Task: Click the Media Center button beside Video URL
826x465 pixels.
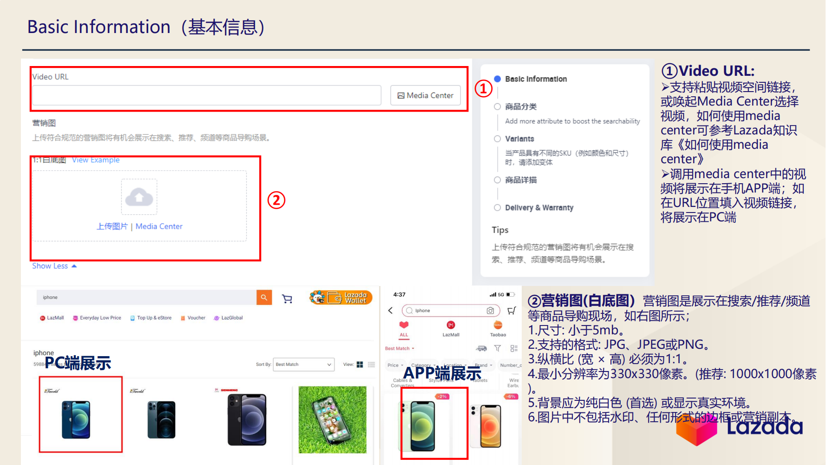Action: click(x=425, y=95)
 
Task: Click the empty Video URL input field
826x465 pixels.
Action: click(x=207, y=95)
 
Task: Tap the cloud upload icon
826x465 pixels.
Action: click(x=139, y=197)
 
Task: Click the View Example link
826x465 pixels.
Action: click(x=96, y=160)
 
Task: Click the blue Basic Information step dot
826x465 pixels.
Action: click(x=498, y=79)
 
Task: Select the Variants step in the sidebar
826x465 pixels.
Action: click(x=519, y=139)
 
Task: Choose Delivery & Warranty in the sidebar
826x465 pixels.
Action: click(x=539, y=207)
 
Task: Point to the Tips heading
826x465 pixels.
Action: click(x=500, y=230)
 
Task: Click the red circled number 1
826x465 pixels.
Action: click(x=483, y=88)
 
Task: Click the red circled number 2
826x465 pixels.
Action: click(x=276, y=200)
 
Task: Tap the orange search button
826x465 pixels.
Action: click(x=264, y=298)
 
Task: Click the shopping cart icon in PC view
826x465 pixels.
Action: click(x=287, y=299)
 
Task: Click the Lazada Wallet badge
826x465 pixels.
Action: click(x=341, y=298)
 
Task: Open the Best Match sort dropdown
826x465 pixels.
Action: click(x=304, y=365)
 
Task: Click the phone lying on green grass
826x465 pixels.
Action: click(x=332, y=419)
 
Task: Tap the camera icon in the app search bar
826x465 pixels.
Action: click(x=490, y=311)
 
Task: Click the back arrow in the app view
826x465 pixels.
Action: click(x=390, y=311)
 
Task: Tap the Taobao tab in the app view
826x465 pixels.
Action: click(x=498, y=328)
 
